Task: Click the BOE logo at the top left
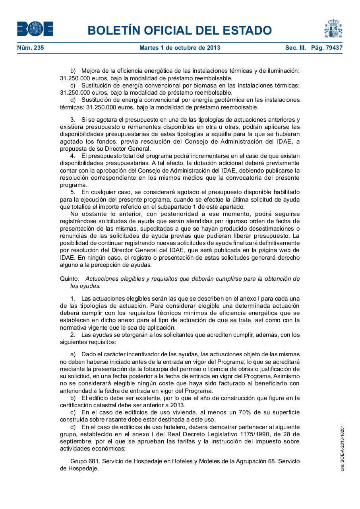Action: point(35,29)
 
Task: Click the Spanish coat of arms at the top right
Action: point(333,29)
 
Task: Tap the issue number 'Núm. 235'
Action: point(31,48)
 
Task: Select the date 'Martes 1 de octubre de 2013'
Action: point(180,48)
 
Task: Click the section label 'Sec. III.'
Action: point(295,48)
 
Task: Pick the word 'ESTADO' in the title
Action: point(244,31)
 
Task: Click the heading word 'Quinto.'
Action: point(70,279)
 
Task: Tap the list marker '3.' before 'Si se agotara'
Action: point(73,120)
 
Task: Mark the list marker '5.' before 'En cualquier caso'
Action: point(73,192)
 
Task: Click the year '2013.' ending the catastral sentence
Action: point(178,405)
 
